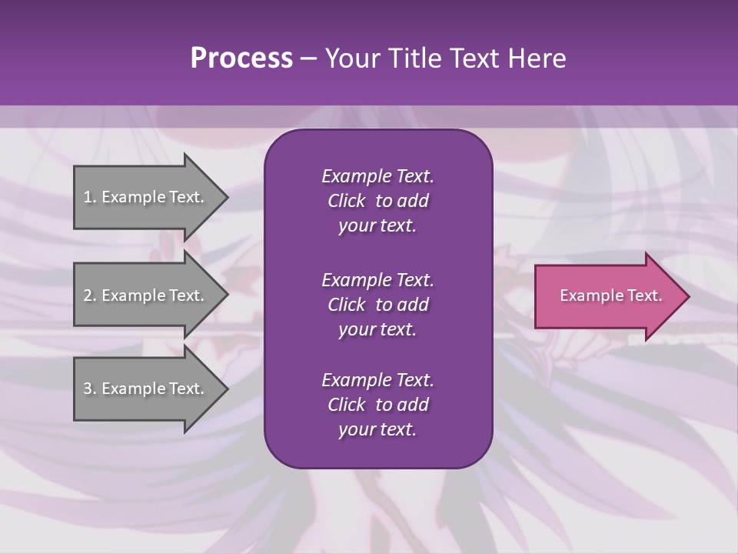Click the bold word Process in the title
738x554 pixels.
click(241, 58)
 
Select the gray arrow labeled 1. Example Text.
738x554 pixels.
click(146, 197)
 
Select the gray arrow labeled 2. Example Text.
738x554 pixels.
click(146, 295)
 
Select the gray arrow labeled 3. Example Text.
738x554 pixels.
click(146, 389)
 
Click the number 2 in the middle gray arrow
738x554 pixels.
click(88, 295)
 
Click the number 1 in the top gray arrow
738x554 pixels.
click(88, 197)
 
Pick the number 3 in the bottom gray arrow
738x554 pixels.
click(88, 389)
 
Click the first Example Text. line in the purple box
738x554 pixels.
click(377, 176)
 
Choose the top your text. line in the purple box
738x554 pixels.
click(377, 225)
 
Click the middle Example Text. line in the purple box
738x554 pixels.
click(377, 279)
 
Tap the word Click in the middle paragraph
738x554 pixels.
click(346, 305)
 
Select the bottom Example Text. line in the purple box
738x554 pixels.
click(377, 380)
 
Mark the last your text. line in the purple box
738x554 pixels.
click(377, 429)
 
